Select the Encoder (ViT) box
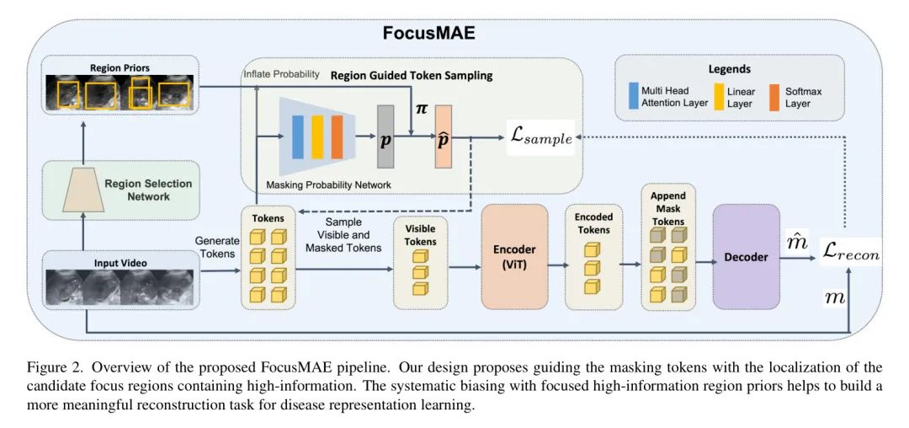(x=514, y=256)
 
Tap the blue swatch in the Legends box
(x=634, y=96)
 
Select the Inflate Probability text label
(x=280, y=75)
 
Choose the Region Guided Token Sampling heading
(x=411, y=75)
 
